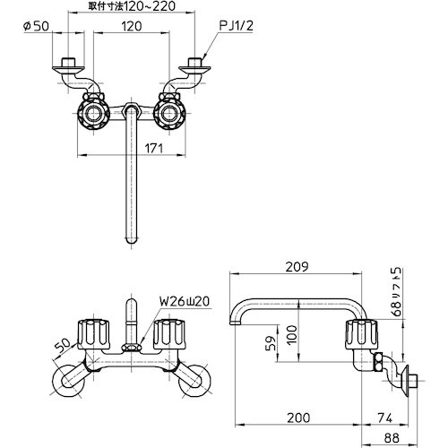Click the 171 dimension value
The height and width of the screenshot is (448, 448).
coord(154,148)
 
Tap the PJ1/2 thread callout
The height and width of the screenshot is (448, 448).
coord(236,26)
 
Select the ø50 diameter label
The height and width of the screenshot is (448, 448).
coord(36,26)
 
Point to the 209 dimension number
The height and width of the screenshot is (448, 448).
coord(297,266)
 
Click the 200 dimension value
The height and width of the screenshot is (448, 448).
coord(298,418)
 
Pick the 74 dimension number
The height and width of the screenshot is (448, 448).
coord(384,418)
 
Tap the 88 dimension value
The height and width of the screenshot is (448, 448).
coord(392,438)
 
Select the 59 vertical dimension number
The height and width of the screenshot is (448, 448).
coord(270,344)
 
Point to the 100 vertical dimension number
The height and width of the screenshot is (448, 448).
coord(293,334)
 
